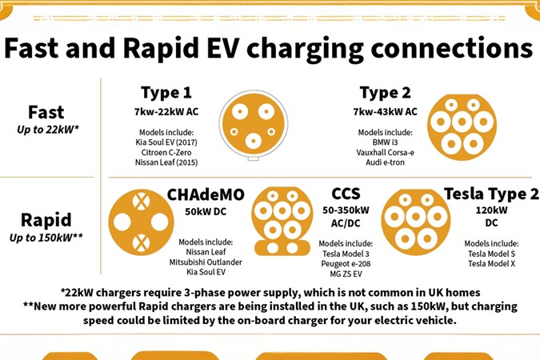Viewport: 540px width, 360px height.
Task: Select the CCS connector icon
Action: pos(282,220)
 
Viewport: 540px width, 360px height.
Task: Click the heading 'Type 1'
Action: pos(166,93)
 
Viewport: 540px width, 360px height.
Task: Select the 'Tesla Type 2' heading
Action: pos(490,194)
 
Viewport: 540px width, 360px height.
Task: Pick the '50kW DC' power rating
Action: pos(206,211)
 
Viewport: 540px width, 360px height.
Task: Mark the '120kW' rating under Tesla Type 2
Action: pos(490,211)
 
